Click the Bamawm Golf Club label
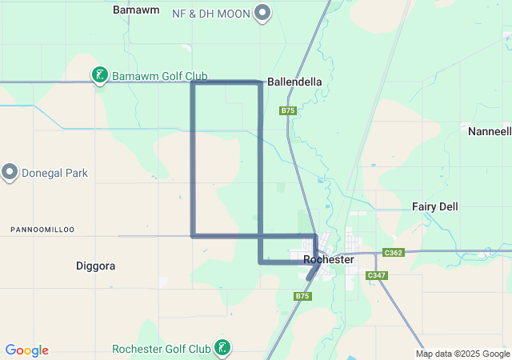[x=159, y=76]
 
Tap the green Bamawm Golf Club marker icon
[x=99, y=75]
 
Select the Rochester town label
[x=329, y=259]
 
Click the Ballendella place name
[x=294, y=82]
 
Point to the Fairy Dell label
[x=435, y=206]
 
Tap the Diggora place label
[x=96, y=266]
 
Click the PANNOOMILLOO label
[x=42, y=230]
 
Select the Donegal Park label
[x=54, y=173]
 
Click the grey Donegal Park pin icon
[x=10, y=171]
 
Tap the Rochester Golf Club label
[x=161, y=349]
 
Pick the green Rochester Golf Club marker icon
[x=224, y=347]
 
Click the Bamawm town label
[x=136, y=10]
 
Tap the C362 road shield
[x=393, y=252]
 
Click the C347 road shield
[x=376, y=275]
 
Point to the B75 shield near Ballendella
[x=288, y=110]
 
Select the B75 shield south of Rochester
[x=302, y=296]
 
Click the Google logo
[x=26, y=350]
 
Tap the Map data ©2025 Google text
[x=462, y=354]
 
